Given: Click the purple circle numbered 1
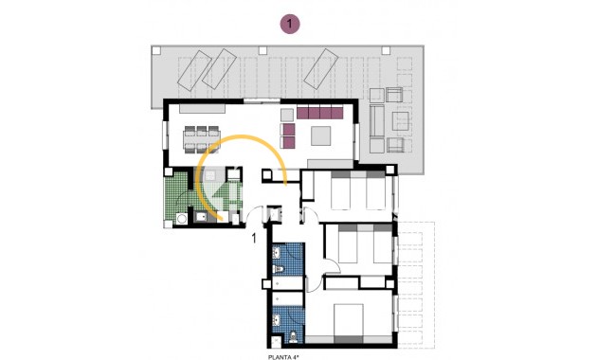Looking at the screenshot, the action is click(x=290, y=24).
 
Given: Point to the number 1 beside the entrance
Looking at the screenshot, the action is click(x=254, y=238).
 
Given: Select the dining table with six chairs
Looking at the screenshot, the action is click(x=202, y=139).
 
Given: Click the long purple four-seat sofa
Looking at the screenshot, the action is click(x=320, y=113).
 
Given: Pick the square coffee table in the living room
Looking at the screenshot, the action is click(x=320, y=135).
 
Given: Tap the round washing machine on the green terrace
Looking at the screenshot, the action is click(x=182, y=219).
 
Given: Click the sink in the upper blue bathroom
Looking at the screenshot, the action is click(x=277, y=252).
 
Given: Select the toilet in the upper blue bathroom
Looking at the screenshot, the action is click(x=279, y=269).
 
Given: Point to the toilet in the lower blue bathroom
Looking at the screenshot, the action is click(x=294, y=336).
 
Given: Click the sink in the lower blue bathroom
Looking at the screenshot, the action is click(x=277, y=320).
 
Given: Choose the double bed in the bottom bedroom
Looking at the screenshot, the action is click(x=349, y=323).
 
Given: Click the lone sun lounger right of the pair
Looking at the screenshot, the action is click(x=321, y=68).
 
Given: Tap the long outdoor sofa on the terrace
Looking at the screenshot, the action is click(x=376, y=121).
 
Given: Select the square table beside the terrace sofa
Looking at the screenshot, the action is click(x=400, y=120).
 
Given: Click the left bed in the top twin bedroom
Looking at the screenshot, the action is click(x=340, y=189).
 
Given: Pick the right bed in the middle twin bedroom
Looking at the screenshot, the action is click(x=383, y=243).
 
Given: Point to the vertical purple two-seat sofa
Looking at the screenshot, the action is click(x=287, y=135).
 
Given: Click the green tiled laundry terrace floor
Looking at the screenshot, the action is click(x=176, y=195).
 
